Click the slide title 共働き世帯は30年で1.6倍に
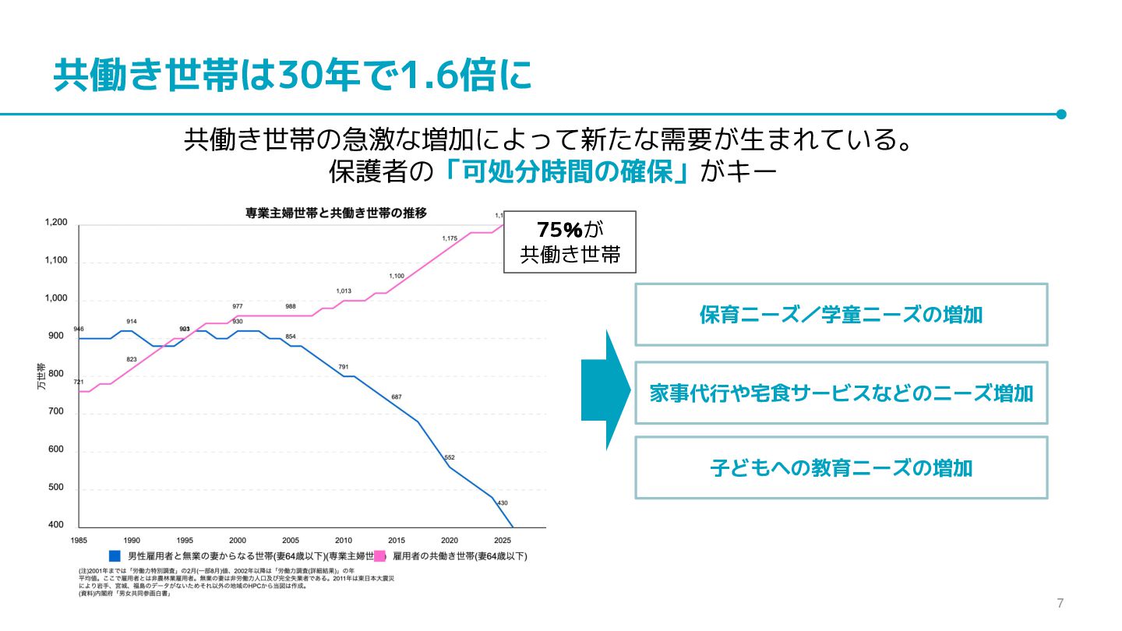293,76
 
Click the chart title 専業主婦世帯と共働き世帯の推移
336,212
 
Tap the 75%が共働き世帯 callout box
570,241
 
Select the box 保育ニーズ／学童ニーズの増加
841,315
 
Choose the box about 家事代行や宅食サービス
841,393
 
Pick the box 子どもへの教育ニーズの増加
841,468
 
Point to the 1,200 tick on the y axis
55,223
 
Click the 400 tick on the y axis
55,525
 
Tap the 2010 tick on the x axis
344,540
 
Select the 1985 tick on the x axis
79,540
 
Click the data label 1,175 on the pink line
450,238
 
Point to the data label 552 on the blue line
450,457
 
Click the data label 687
397,397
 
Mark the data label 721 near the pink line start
79,382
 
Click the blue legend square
115,556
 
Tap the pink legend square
380,556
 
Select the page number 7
1060,603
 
